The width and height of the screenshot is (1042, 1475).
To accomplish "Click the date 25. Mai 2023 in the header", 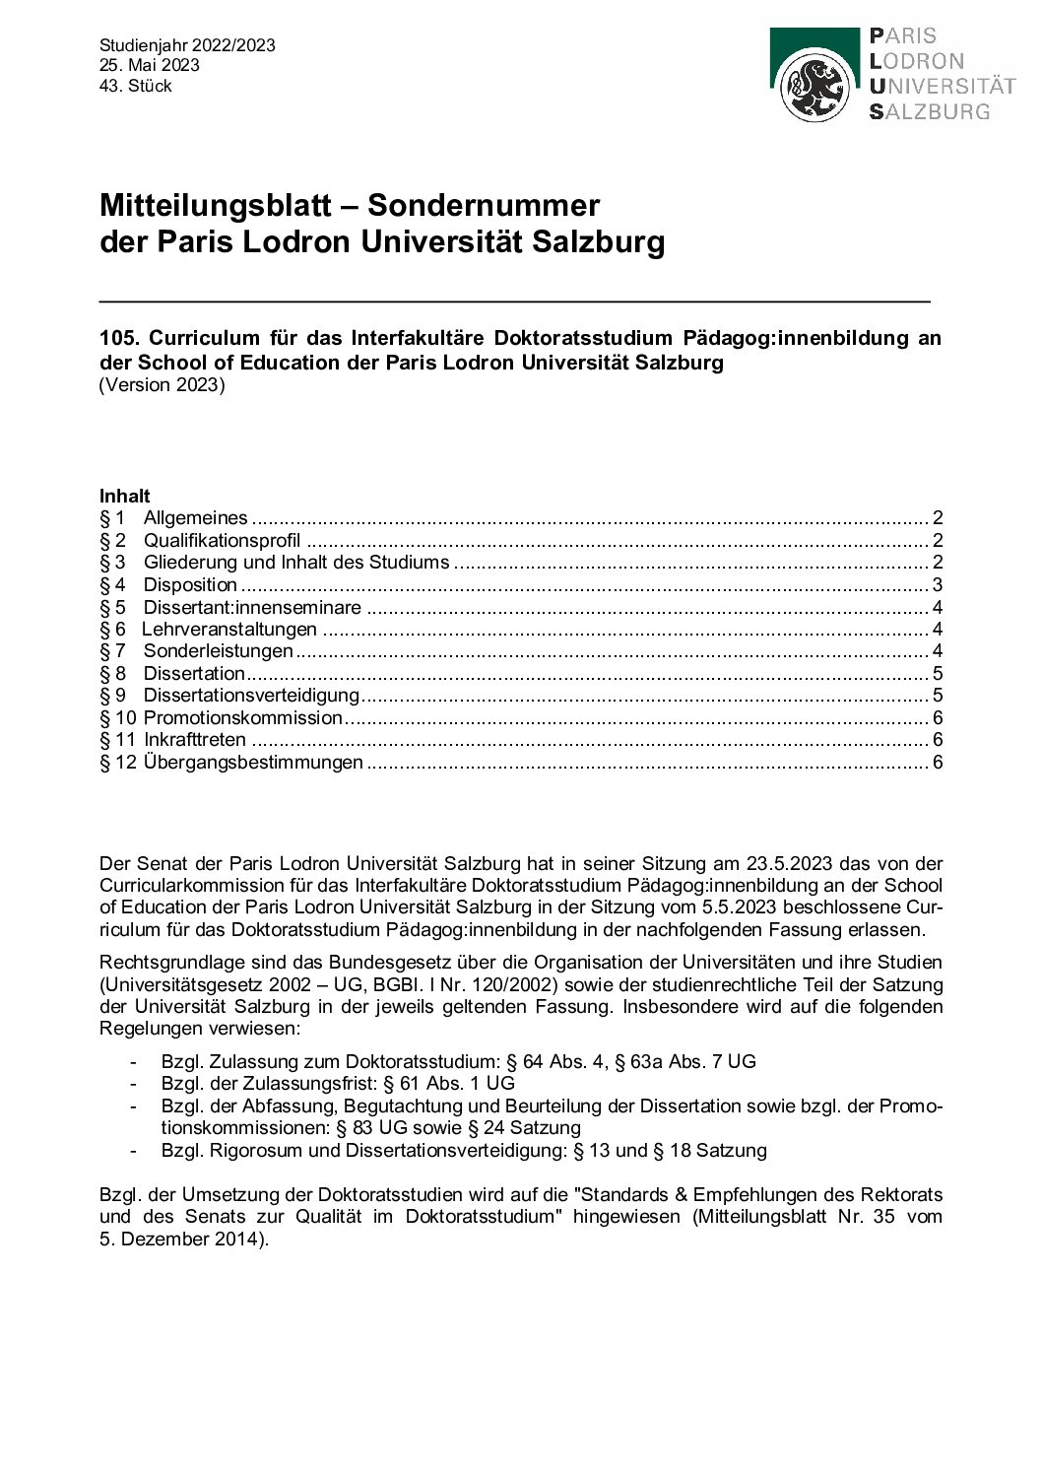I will click(x=149, y=65).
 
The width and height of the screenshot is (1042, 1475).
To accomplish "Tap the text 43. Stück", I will click(x=136, y=86).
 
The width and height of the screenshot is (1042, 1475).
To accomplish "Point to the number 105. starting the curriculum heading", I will click(x=119, y=338).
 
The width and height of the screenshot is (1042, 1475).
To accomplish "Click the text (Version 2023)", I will click(x=163, y=384).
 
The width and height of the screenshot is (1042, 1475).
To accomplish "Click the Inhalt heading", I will click(x=125, y=496).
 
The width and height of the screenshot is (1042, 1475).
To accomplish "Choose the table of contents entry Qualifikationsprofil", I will click(x=222, y=540).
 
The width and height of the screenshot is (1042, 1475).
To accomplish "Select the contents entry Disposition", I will click(x=190, y=584).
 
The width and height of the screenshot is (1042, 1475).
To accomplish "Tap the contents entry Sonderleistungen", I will click(x=219, y=650).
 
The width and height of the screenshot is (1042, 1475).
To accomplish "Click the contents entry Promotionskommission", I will click(x=242, y=717).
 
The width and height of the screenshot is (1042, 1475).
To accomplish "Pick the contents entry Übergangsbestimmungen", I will click(x=253, y=762).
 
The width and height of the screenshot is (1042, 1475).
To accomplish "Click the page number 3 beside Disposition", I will click(x=938, y=584).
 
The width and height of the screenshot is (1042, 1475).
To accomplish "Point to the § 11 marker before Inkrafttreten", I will click(x=117, y=739).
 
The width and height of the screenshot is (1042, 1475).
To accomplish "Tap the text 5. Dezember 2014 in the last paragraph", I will click(x=180, y=1239).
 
